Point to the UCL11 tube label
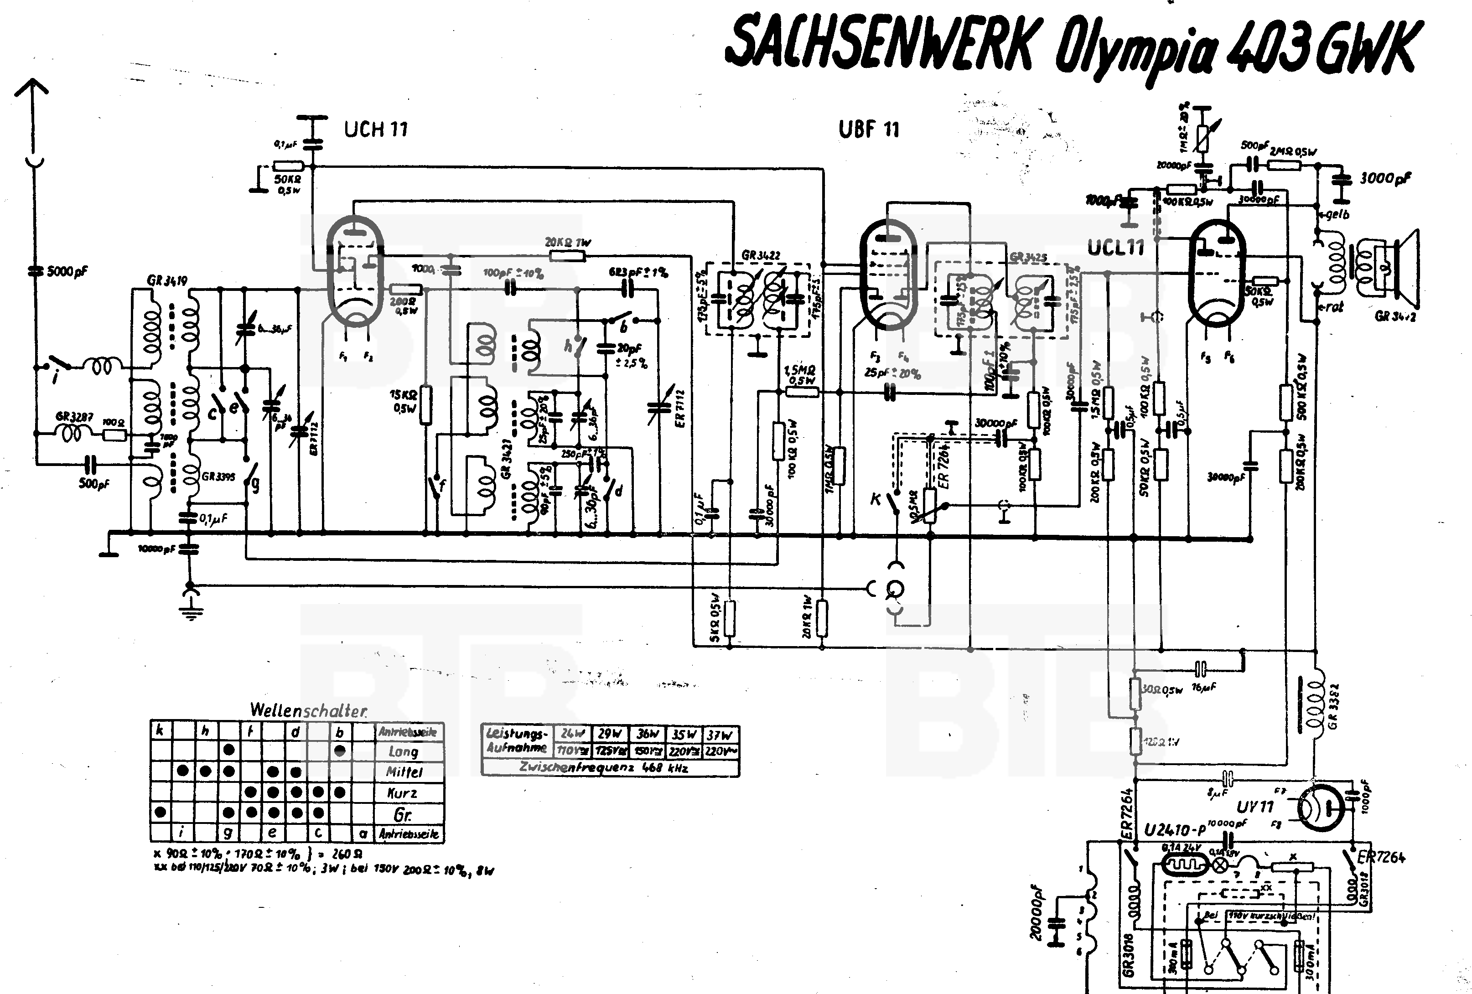point(1116,247)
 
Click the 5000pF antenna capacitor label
point(67,272)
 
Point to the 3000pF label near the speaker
point(1385,179)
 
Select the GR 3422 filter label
point(761,255)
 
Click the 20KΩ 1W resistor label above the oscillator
point(568,243)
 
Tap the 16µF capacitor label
point(1203,687)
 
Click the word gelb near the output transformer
point(1337,214)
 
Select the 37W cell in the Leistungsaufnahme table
point(720,734)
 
